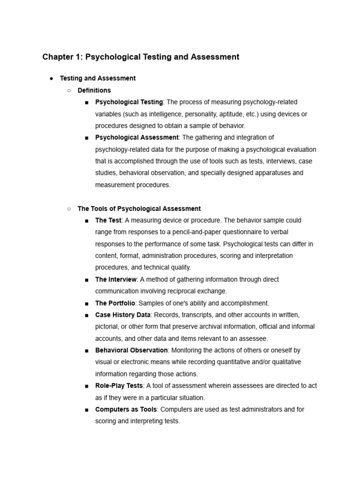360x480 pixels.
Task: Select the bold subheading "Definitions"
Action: [x=94, y=90]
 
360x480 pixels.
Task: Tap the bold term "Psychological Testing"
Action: [x=129, y=102]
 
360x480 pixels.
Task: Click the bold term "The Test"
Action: [x=108, y=220]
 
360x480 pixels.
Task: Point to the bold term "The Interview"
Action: [x=116, y=279]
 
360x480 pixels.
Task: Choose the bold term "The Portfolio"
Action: [x=115, y=303]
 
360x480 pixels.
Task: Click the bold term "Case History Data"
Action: [x=123, y=315]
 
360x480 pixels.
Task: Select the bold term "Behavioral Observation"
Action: [x=131, y=350]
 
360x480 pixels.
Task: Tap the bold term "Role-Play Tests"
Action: [x=119, y=386]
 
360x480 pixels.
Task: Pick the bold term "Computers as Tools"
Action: [x=126, y=409]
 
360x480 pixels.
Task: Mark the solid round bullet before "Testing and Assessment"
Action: [x=51, y=79]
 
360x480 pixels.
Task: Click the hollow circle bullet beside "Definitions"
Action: [x=69, y=90]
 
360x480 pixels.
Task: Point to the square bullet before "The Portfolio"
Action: [x=87, y=303]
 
